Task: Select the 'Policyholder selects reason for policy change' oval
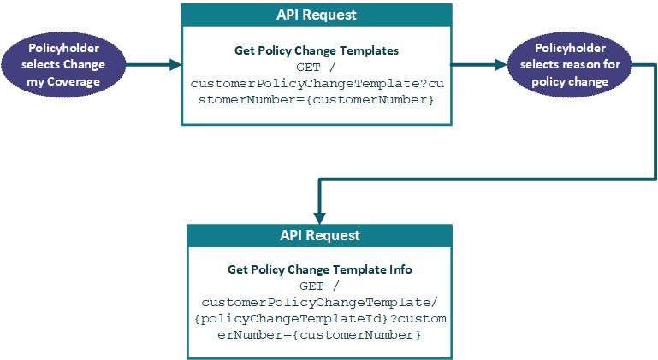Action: click(x=569, y=64)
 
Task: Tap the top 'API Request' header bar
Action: click(x=317, y=15)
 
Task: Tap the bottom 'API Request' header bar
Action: click(x=319, y=235)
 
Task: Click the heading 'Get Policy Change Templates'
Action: click(x=317, y=50)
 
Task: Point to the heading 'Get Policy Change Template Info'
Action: click(x=319, y=269)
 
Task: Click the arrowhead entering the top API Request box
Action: click(x=175, y=64)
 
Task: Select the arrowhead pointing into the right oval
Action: click(x=501, y=64)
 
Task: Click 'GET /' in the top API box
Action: click(x=317, y=67)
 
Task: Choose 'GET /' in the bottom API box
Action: click(x=319, y=286)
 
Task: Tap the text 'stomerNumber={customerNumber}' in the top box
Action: click(x=317, y=100)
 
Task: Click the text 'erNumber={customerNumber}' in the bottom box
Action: click(x=319, y=335)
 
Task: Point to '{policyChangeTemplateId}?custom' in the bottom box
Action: click(x=319, y=319)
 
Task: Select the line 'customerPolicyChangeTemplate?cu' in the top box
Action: click(x=317, y=84)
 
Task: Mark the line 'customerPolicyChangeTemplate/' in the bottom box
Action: click(x=319, y=302)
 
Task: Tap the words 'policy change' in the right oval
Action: click(x=569, y=81)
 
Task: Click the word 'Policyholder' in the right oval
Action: click(x=569, y=48)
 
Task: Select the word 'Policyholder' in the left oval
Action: click(x=64, y=48)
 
